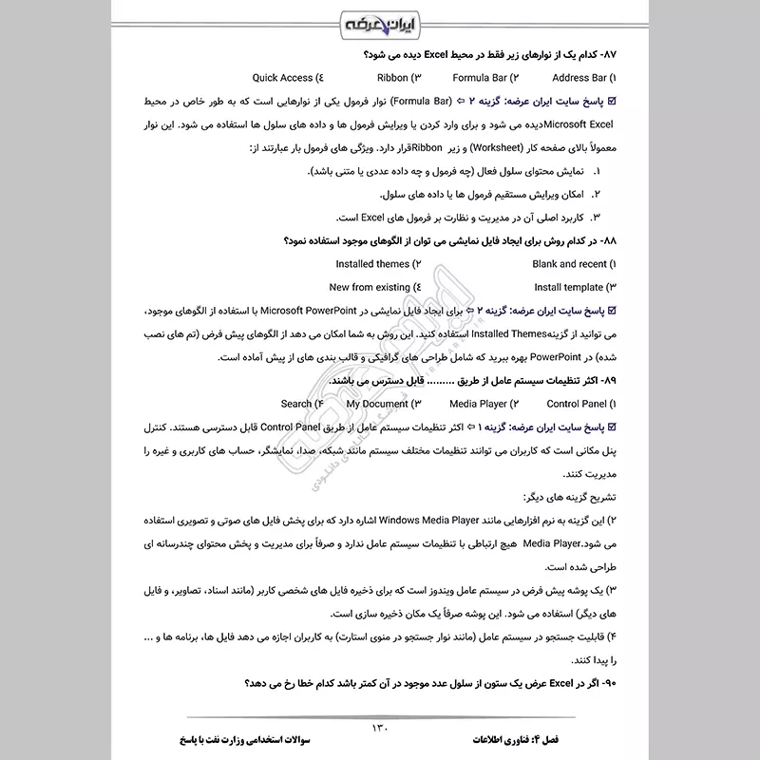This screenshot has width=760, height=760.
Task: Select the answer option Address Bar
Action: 582,77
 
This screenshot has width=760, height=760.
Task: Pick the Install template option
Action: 568,286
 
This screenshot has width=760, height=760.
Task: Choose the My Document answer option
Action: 377,404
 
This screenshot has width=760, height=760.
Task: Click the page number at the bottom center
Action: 379,728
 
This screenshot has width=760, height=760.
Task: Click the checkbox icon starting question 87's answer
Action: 611,101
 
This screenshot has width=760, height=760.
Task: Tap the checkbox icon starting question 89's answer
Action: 611,427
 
